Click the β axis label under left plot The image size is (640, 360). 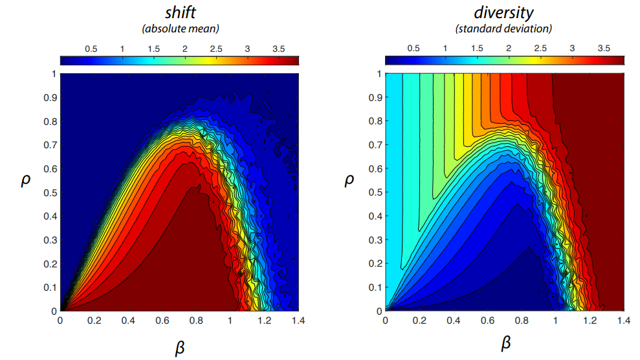tap(181, 348)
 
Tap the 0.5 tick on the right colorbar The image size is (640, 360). tap(413, 49)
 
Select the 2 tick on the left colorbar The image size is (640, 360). tap(184, 49)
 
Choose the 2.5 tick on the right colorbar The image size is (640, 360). tap(540, 49)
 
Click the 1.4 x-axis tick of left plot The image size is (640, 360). tap(299, 320)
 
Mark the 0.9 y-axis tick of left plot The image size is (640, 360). tap(49, 97)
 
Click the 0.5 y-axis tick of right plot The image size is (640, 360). tap(374, 192)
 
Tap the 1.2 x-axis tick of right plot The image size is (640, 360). tap(590, 320)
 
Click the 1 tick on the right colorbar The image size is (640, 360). tap(445, 49)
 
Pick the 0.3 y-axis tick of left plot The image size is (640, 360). tap(49, 240)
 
